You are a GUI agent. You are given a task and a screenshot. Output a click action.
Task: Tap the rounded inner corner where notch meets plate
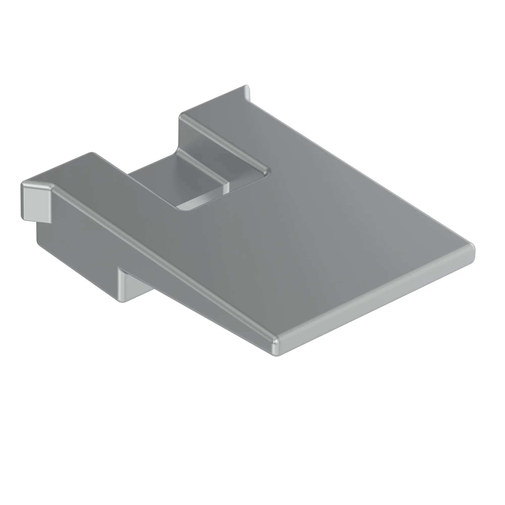click(267, 171)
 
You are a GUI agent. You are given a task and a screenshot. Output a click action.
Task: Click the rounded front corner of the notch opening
click(183, 209)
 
